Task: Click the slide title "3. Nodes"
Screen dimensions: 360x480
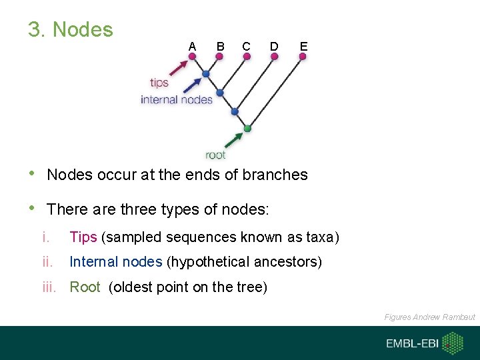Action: tap(71, 29)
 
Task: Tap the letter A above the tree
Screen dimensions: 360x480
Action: tap(192, 46)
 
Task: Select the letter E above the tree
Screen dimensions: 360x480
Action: tap(303, 46)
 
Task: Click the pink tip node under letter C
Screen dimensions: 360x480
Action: tap(247, 57)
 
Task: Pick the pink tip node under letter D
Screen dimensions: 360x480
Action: tap(275, 57)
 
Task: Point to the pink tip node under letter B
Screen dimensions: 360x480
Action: tap(219, 57)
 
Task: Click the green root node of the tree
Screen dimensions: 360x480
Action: tap(247, 128)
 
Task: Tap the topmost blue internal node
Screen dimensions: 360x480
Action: tap(206, 73)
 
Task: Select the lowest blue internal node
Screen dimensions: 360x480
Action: tap(234, 111)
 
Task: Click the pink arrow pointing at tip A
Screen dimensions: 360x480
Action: tap(178, 68)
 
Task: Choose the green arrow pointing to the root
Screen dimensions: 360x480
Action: tap(233, 139)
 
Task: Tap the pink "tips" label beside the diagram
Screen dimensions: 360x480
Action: tap(159, 83)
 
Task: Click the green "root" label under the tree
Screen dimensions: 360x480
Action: tap(215, 155)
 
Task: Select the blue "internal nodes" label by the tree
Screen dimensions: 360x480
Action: tap(176, 99)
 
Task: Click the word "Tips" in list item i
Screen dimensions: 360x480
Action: tap(83, 237)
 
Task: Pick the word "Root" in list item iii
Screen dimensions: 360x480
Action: tap(85, 287)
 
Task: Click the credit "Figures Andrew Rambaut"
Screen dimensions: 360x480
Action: tap(429, 317)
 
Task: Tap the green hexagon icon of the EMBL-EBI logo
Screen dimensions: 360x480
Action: tap(453, 343)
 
